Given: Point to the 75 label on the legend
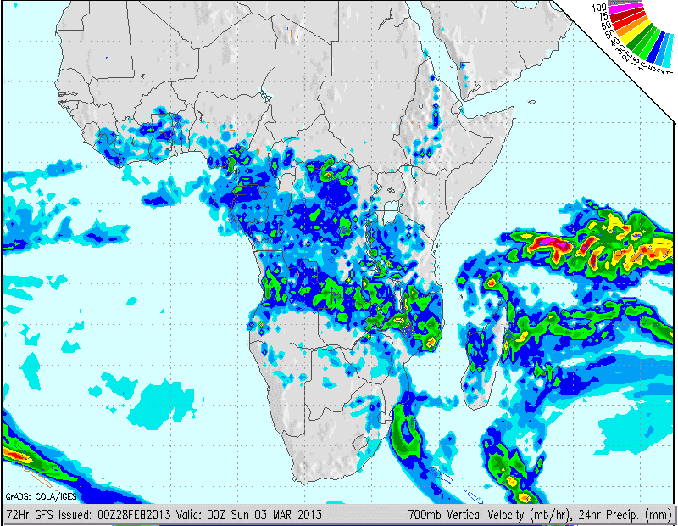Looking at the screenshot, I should click(603, 16).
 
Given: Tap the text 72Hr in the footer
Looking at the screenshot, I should click(17, 514).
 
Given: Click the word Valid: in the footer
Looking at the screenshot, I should click(186, 514).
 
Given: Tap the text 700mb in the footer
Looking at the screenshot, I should click(424, 514).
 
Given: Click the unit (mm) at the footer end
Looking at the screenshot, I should click(662, 514).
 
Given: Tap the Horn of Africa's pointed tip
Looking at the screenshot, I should click(514, 109).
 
